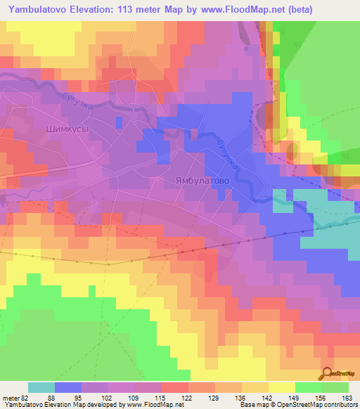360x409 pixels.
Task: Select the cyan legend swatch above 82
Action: tap(41, 387)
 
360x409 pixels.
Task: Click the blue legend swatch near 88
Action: tap(68, 387)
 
